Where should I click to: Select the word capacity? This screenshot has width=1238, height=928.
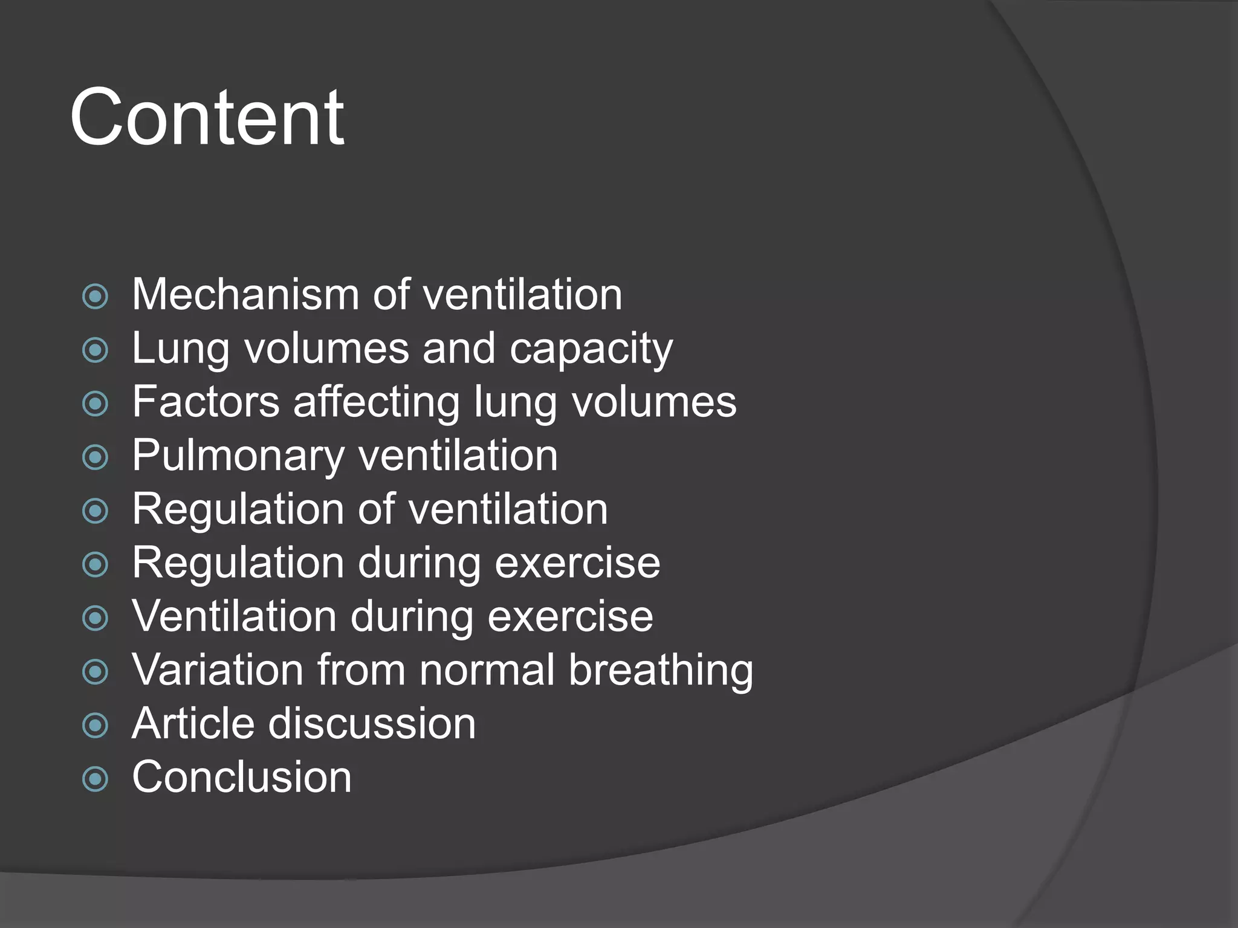[591, 349]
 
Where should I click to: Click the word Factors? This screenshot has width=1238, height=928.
[206, 402]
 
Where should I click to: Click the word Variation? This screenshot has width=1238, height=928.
[218, 670]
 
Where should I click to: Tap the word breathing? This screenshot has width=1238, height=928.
[661, 671]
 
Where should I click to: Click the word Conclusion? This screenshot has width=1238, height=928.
[242, 778]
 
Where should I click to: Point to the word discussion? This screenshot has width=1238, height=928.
[372, 724]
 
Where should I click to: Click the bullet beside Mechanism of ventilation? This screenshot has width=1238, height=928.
[95, 297]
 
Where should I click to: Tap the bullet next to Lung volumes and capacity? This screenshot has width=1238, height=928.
[95, 350]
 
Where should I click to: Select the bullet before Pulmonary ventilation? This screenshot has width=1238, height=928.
[95, 457]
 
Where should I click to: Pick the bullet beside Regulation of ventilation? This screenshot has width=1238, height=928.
[95, 511]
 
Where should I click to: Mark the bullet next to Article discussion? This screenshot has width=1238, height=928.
[95, 726]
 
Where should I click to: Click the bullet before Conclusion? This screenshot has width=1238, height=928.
[95, 779]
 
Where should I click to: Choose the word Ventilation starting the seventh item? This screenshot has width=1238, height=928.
[234, 617]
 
